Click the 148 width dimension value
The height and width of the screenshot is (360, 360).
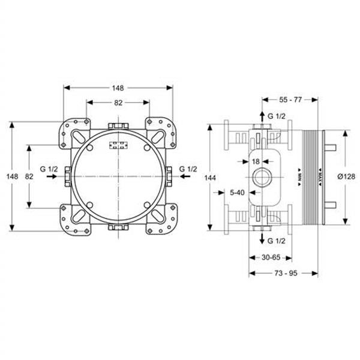[118, 88]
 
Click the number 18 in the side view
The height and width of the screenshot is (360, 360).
[256, 161]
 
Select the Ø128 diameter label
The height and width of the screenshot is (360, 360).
[347, 176]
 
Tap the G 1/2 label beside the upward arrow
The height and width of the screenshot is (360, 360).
[277, 115]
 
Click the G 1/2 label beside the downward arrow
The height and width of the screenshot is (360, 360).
[277, 241]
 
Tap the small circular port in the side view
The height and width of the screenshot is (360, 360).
[262, 177]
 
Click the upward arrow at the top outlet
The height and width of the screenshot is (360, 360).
[262, 115]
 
